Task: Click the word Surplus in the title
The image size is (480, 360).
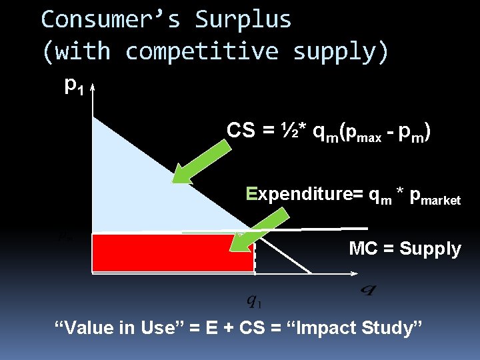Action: pyautogui.click(x=243, y=20)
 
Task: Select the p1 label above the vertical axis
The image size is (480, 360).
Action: pyautogui.click(x=74, y=85)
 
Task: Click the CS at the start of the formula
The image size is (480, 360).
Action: pyautogui.click(x=241, y=131)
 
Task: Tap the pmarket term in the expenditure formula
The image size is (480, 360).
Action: pyautogui.click(x=435, y=198)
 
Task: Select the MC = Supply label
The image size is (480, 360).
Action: pyautogui.click(x=405, y=249)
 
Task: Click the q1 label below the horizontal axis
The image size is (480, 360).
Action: pyautogui.click(x=254, y=301)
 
